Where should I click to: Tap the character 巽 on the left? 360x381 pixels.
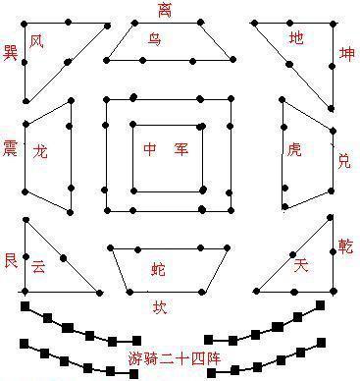coord(11,50)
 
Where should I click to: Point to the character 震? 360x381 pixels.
coord(11,146)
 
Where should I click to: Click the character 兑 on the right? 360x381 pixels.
coord(343,159)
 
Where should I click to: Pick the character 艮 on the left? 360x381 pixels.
coord(11,259)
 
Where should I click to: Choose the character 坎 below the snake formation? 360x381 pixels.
coord(160,306)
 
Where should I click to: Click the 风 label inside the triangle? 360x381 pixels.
coord(37,41)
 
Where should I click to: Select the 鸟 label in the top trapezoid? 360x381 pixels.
coord(155,39)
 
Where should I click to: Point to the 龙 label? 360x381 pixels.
coord(40,153)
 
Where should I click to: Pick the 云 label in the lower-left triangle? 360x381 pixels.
coord(38,265)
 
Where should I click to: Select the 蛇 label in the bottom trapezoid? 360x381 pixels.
coord(158,268)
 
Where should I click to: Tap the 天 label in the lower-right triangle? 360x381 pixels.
coord(301,265)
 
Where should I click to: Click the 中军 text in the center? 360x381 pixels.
coord(165,150)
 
